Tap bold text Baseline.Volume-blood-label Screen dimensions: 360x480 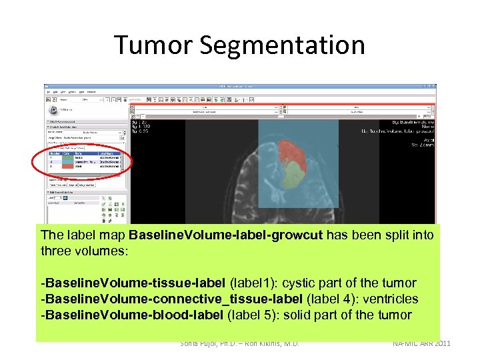pos(132,315)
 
